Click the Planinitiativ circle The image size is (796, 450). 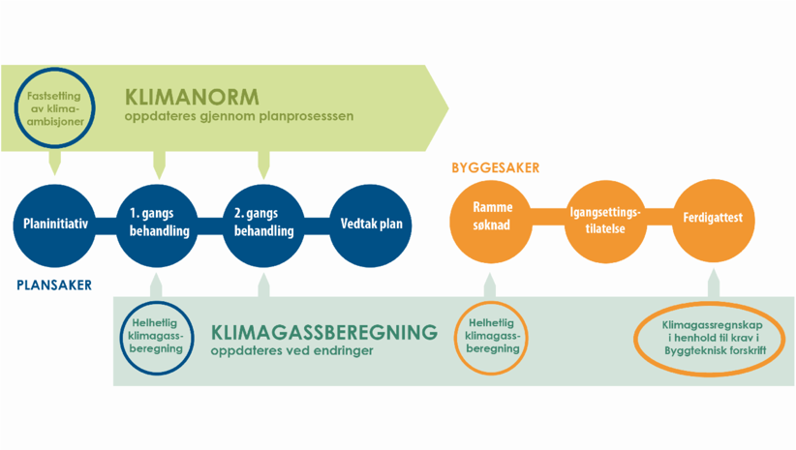(55, 225)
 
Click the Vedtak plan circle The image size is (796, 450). (371, 225)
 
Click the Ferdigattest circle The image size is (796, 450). (713, 219)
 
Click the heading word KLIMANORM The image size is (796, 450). (192, 97)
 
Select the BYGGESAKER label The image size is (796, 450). (495, 168)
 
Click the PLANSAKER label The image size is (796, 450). (54, 285)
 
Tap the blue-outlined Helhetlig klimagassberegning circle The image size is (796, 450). (158, 335)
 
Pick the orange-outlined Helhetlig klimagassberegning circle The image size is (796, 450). (493, 336)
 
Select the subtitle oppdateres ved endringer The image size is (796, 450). (291, 352)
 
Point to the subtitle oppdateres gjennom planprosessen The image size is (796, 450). (238, 117)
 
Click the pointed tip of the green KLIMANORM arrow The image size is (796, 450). (446, 107)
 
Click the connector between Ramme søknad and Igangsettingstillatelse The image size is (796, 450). (548, 219)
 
